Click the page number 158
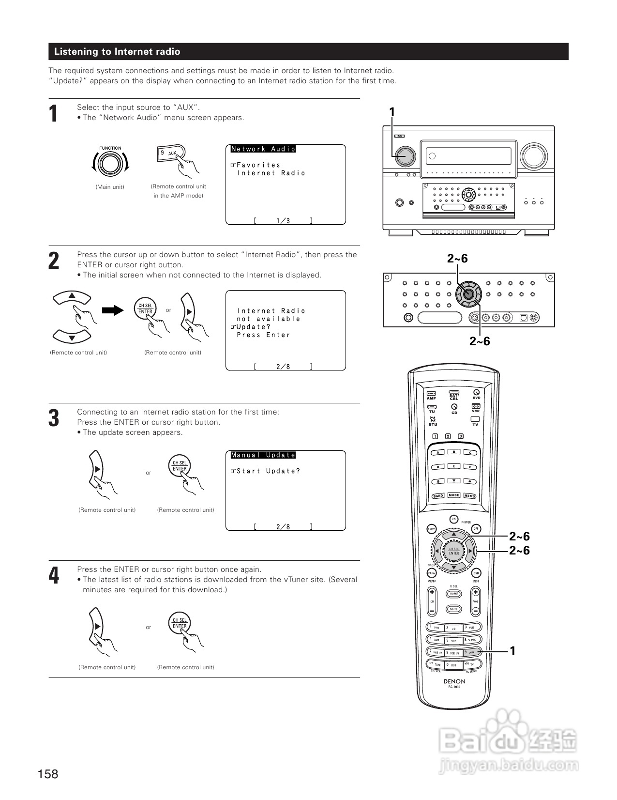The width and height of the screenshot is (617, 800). [x=48, y=774]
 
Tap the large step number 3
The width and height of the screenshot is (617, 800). [x=54, y=418]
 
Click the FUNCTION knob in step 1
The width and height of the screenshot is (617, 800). [x=110, y=164]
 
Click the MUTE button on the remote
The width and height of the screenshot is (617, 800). [x=453, y=609]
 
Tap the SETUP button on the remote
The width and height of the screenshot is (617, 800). [x=431, y=529]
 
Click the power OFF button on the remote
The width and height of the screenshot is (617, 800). [x=476, y=529]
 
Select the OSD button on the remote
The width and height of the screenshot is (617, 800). [x=476, y=573]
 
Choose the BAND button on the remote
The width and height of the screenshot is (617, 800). [x=438, y=496]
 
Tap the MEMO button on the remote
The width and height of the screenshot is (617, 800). [x=469, y=496]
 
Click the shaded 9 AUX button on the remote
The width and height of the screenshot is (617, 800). [x=472, y=652]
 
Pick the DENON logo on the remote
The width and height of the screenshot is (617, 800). [x=454, y=681]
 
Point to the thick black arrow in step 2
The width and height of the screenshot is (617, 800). [x=113, y=310]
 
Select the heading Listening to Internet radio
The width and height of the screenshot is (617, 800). [x=117, y=52]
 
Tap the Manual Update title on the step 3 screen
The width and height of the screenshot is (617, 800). [x=263, y=455]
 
